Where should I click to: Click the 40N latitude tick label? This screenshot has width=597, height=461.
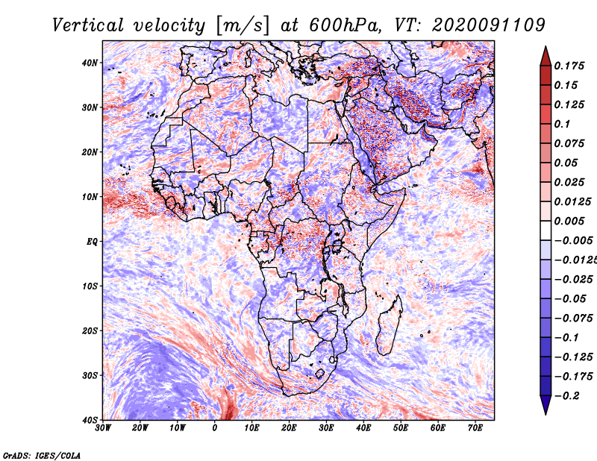(x=90, y=63)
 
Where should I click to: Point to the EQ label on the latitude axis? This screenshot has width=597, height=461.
(x=92, y=242)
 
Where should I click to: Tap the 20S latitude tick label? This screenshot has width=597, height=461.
(x=90, y=330)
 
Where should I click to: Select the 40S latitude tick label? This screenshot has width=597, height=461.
(x=90, y=420)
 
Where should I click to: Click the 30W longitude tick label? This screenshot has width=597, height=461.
(x=103, y=428)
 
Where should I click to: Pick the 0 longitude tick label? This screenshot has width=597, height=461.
(x=215, y=428)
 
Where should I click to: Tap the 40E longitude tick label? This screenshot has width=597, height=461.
(x=363, y=428)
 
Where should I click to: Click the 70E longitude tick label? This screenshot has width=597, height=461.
(x=475, y=428)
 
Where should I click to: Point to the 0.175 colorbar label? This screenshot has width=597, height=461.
(x=569, y=66)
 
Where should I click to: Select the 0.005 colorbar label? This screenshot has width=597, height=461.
(x=569, y=221)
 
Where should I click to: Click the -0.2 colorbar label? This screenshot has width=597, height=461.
(x=566, y=396)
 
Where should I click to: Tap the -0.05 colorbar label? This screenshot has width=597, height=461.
(x=569, y=299)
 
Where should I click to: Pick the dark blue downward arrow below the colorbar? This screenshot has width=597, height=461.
(x=546, y=404)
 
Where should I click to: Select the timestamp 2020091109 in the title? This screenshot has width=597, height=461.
(x=489, y=25)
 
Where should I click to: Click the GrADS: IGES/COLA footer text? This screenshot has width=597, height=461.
(x=42, y=455)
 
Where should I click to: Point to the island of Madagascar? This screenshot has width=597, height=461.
(x=389, y=325)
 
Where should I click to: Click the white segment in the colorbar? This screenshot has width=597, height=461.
(x=546, y=230)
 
